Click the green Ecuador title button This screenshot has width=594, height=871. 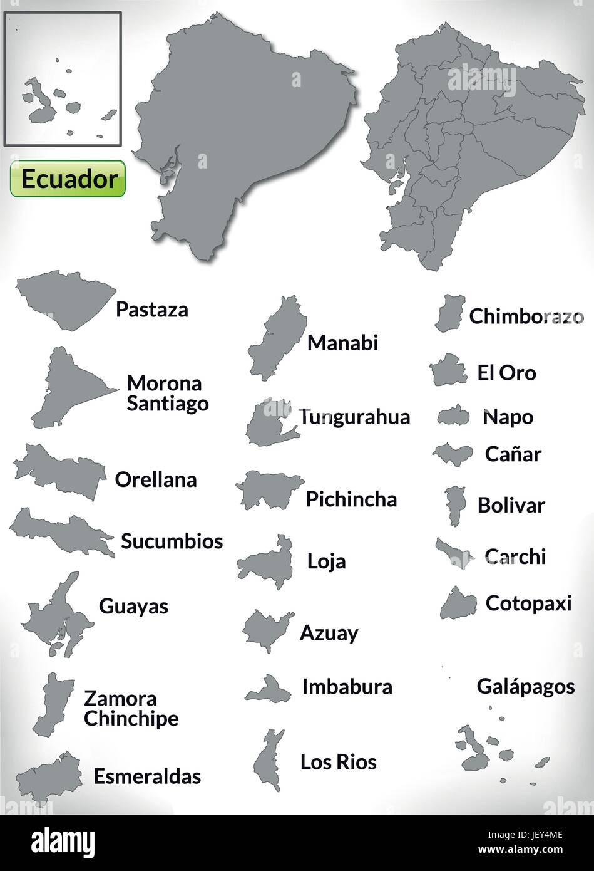[68, 179]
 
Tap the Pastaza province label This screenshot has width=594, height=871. [151, 309]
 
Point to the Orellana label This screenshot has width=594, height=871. [156, 479]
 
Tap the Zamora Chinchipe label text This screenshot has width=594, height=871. [131, 708]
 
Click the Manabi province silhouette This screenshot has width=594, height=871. [277, 338]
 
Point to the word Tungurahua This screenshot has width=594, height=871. [354, 417]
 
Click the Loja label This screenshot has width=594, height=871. [326, 561]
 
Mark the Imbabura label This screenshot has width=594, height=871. [347, 687]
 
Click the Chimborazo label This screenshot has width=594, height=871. [526, 316]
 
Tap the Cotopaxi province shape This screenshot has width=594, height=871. [459, 604]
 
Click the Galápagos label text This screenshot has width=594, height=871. [525, 686]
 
